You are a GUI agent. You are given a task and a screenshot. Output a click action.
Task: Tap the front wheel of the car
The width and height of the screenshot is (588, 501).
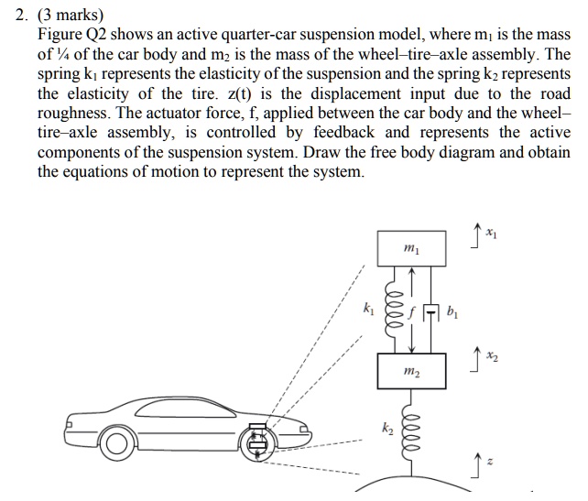pyautogui.click(x=261, y=442)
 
